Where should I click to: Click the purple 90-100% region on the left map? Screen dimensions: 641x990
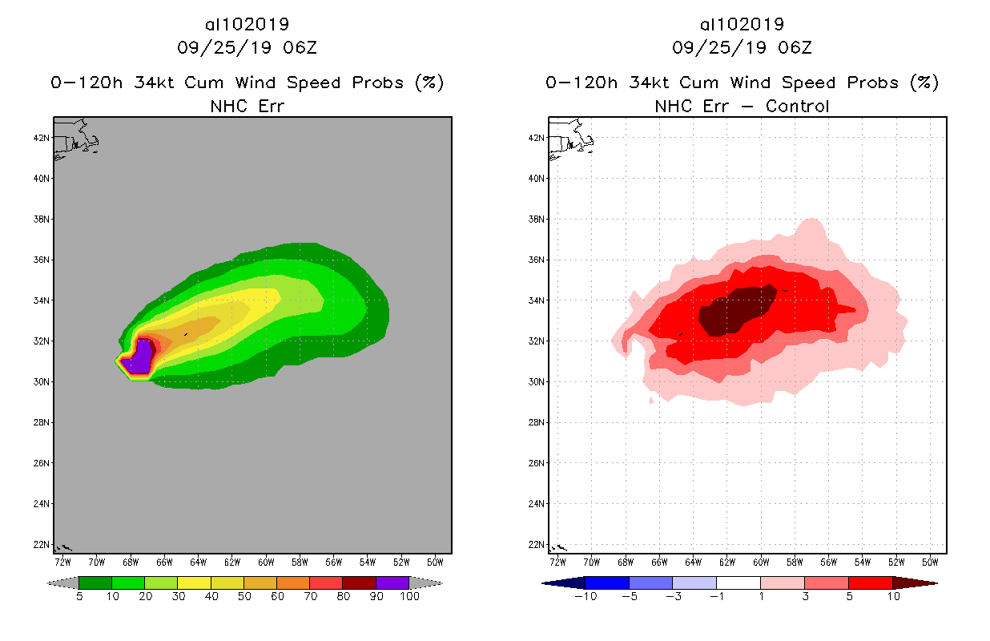click(138, 357)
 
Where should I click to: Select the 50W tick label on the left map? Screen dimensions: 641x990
click(436, 562)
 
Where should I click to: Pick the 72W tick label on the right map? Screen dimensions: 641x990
click(557, 562)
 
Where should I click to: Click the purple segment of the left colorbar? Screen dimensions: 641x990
click(392, 583)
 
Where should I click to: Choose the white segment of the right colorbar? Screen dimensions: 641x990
click(738, 583)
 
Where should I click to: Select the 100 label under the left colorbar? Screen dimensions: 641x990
click(409, 597)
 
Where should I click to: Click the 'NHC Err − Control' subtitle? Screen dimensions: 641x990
click(742, 106)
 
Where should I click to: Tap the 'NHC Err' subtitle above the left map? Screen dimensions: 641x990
click(247, 106)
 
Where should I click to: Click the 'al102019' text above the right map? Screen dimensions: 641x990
click(742, 24)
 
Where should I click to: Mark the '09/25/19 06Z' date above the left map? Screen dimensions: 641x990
click(247, 47)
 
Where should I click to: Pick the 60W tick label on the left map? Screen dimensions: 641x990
click(266, 562)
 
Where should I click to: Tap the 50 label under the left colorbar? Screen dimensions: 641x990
click(243, 597)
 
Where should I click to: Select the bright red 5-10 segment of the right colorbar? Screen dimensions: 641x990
click(869, 583)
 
